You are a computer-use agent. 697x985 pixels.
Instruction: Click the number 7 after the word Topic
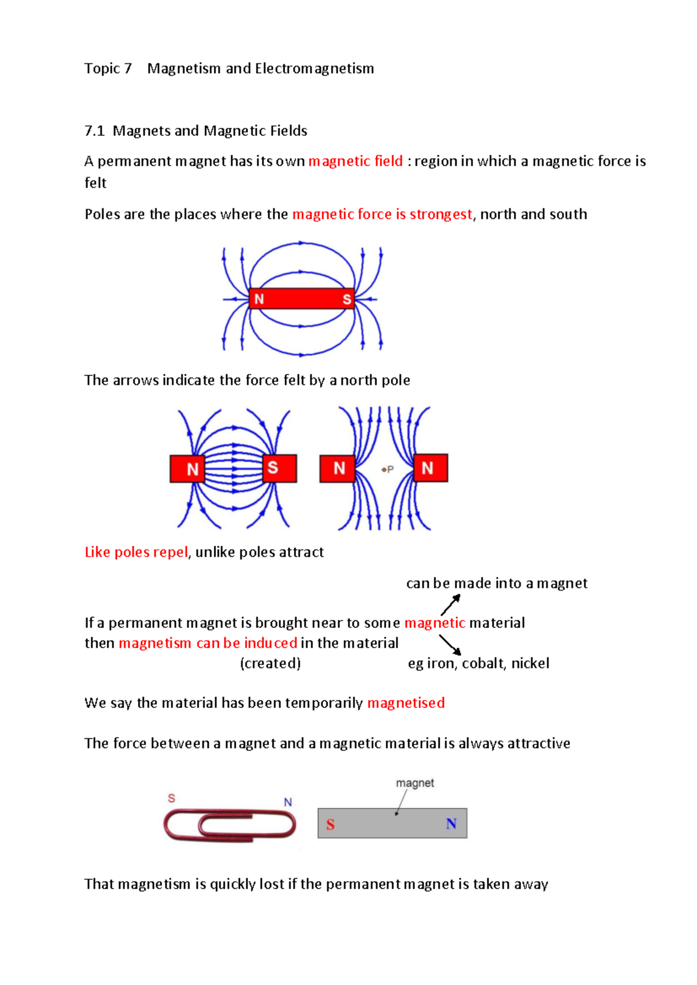tap(128, 69)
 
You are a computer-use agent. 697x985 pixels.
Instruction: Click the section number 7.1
tap(94, 131)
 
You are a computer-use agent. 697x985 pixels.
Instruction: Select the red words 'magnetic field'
tap(355, 161)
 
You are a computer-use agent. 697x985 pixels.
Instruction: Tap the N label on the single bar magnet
tap(259, 299)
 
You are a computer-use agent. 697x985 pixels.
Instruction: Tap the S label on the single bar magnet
tap(347, 299)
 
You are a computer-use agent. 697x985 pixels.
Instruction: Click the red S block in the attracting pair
tap(279, 468)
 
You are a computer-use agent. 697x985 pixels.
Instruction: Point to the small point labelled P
tap(384, 469)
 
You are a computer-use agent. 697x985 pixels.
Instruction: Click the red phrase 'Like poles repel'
tap(136, 552)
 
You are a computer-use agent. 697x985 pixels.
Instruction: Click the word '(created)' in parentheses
tap(271, 663)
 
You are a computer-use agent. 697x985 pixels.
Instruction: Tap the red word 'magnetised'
tap(406, 703)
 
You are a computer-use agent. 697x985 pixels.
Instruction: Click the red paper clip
tap(230, 824)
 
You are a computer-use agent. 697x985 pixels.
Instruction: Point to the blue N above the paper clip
tap(288, 802)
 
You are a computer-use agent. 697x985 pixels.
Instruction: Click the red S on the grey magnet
tap(330, 825)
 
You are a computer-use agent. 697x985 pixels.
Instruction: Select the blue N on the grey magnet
tap(451, 824)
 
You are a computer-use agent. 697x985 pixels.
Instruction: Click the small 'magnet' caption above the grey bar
tap(415, 783)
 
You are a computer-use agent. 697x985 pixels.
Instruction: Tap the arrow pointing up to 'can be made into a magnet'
tap(451, 605)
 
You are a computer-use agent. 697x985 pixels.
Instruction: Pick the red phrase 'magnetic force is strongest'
tap(382, 214)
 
